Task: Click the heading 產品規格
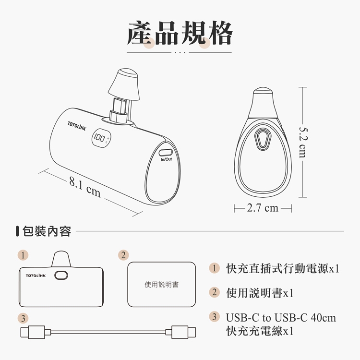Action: click(180, 33)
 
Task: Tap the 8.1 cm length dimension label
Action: click(85, 188)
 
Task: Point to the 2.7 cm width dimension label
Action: click(263, 208)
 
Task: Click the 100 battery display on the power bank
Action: click(99, 138)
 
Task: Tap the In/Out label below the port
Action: click(166, 159)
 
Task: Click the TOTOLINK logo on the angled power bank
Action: click(77, 126)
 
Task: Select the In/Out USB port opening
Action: click(166, 153)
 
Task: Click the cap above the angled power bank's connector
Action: click(124, 84)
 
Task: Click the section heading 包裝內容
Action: click(47, 231)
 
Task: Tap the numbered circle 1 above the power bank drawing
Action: click(23, 255)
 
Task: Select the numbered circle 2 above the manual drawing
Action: click(123, 255)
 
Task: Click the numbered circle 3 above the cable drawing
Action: click(23, 318)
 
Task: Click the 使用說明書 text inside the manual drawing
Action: click(162, 285)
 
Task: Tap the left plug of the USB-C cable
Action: click(36, 332)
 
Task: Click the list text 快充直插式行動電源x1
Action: click(283, 268)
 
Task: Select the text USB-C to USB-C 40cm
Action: click(281, 318)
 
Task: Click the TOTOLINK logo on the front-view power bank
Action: click(36, 276)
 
